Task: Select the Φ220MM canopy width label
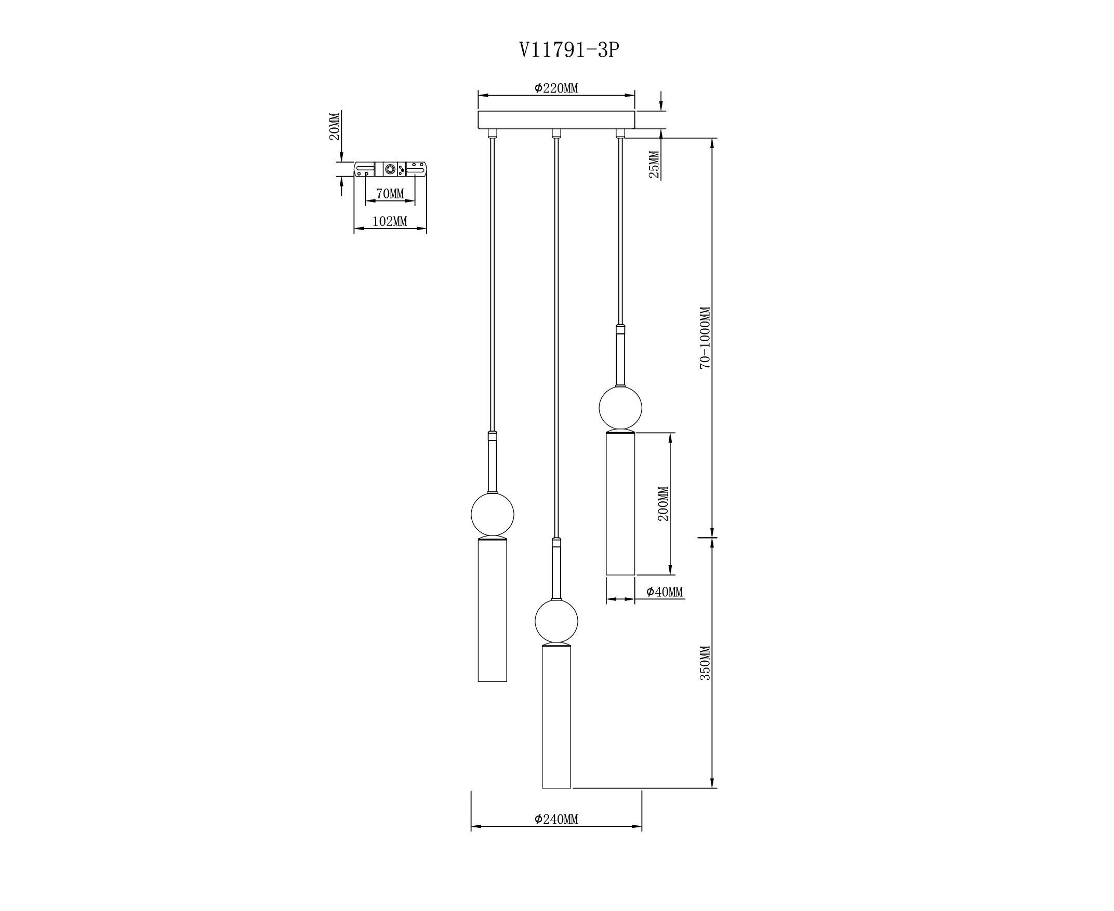coord(556,88)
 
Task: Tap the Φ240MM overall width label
coord(556,819)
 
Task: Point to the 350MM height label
coord(705,663)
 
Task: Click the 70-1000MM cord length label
coord(705,338)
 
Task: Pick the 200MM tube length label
coord(664,503)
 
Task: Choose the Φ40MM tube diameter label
coord(665,592)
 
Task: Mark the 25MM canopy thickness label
coord(654,164)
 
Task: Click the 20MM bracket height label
coord(335,126)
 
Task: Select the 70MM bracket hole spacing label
coord(390,194)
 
